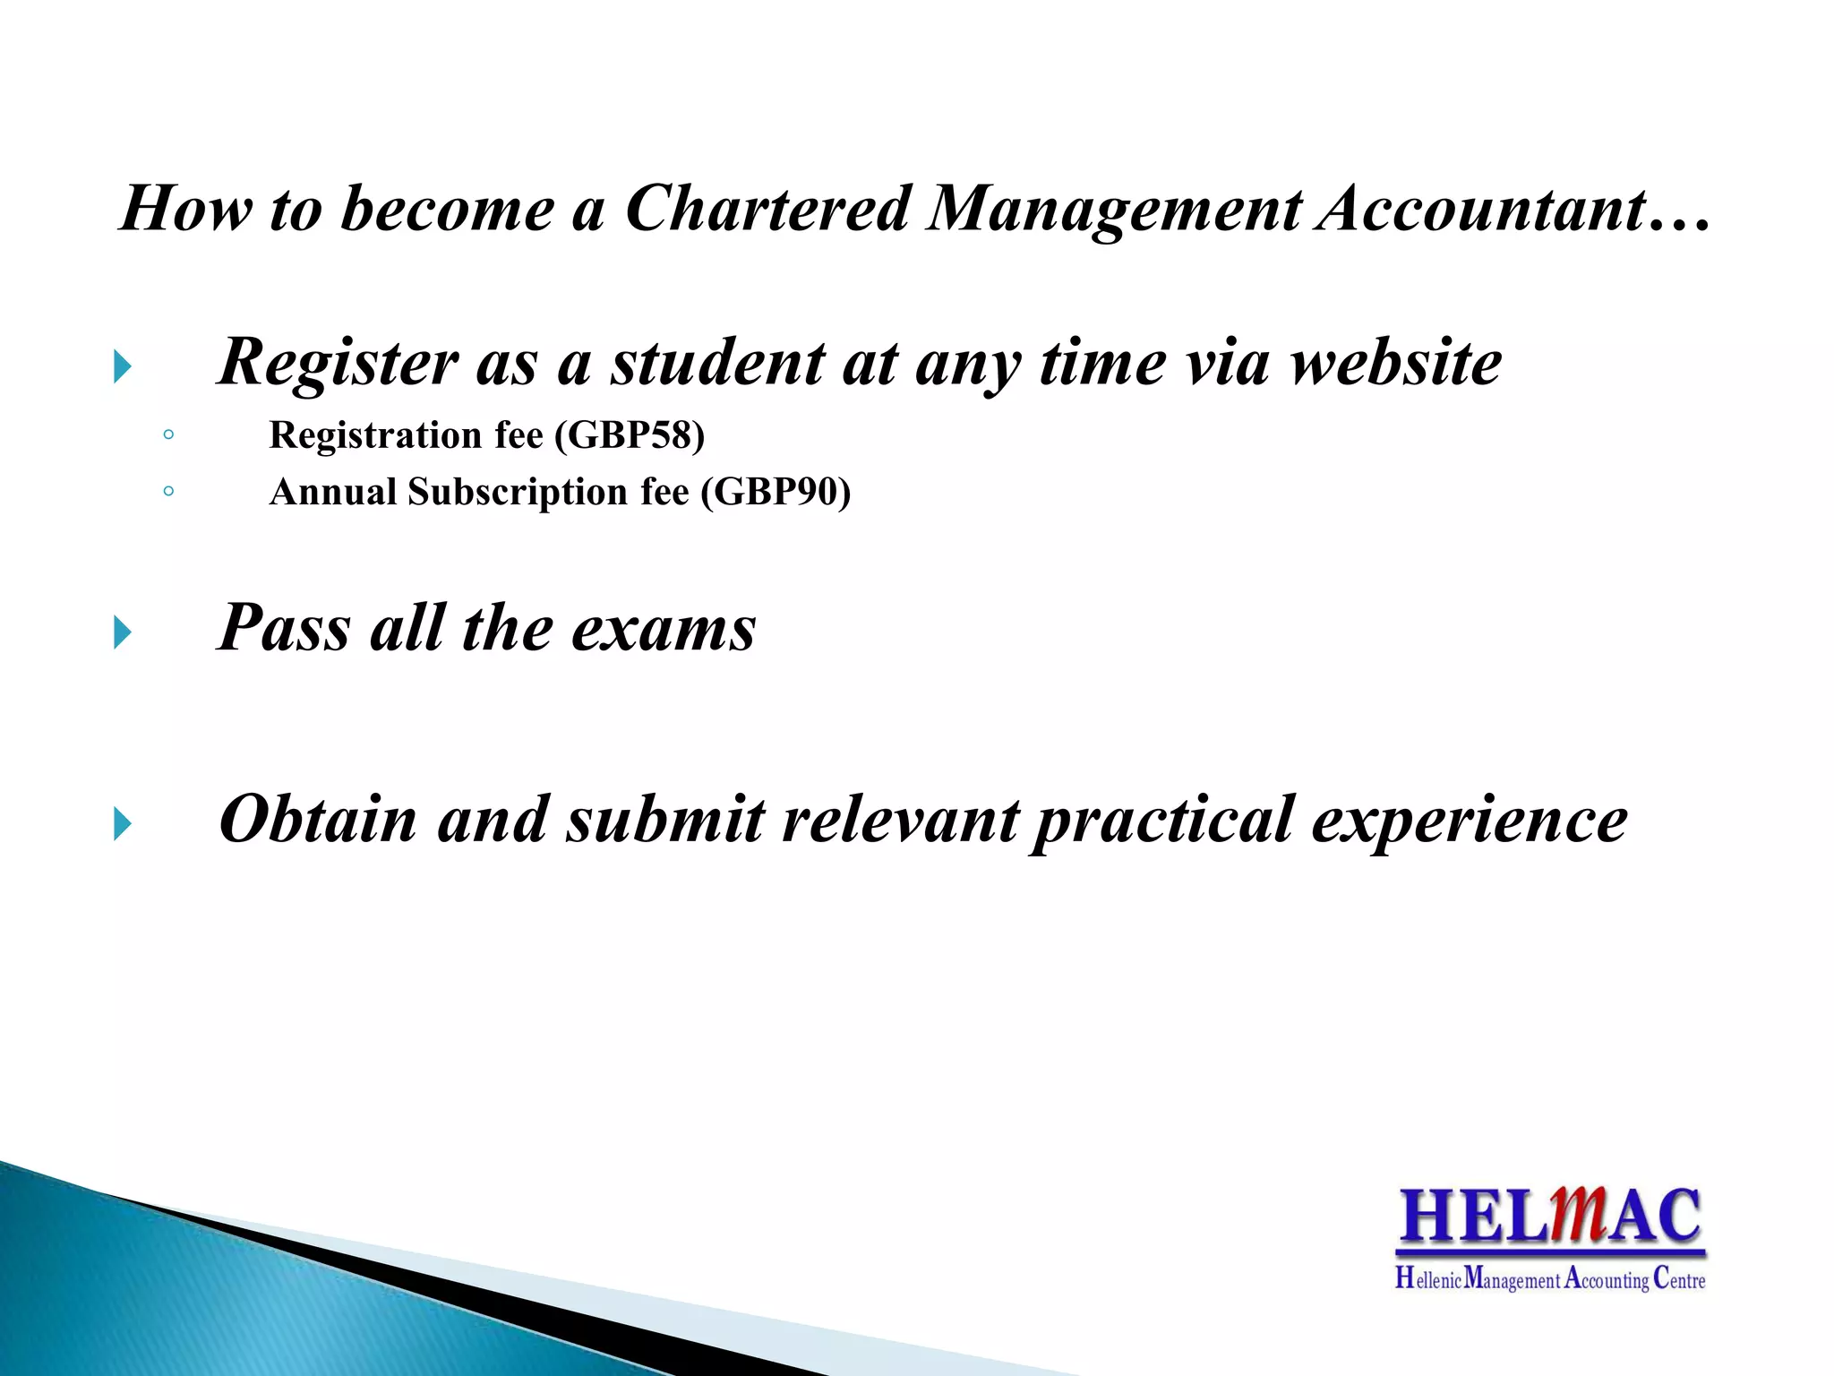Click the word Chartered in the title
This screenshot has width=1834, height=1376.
767,209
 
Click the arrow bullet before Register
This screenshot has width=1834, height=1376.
124,367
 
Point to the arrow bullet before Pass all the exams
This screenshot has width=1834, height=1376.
124,633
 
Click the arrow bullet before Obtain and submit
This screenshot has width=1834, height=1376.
124,824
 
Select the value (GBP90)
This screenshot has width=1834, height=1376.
776,493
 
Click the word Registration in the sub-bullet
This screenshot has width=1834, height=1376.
375,435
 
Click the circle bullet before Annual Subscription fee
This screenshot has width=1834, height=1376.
168,491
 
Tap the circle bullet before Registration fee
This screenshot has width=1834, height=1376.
168,435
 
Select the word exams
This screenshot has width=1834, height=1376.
664,629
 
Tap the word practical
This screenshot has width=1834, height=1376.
1162,821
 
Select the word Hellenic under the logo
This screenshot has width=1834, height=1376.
1428,1279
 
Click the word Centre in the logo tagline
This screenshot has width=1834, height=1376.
1679,1279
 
